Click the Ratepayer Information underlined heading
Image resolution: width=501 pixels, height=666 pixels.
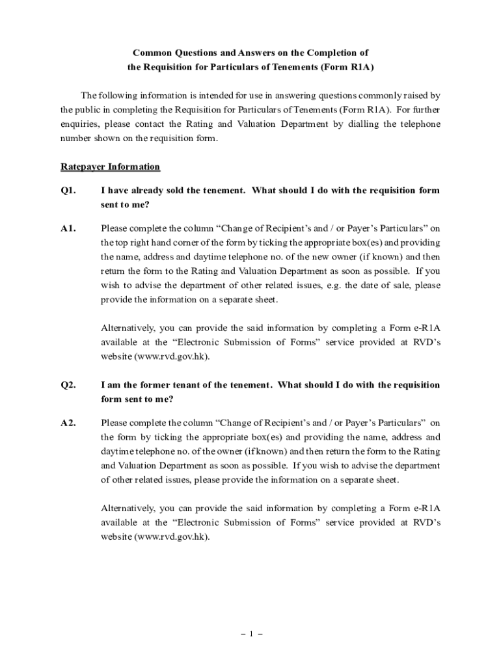[110, 166]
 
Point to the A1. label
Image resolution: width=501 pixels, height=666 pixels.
[68, 228]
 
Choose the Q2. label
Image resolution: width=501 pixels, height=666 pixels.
[68, 385]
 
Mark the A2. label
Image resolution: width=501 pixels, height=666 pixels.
[68, 423]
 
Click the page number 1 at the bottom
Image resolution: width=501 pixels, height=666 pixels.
[250, 635]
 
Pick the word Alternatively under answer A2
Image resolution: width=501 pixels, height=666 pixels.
[128, 508]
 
